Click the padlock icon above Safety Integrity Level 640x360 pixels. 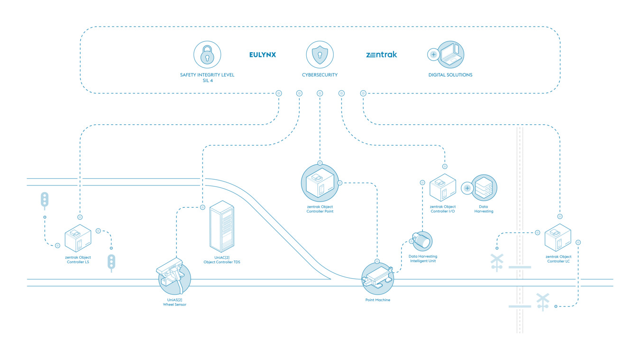pos(207,55)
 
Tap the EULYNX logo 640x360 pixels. pos(263,55)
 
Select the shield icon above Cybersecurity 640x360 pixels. pos(320,55)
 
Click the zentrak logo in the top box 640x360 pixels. pos(382,55)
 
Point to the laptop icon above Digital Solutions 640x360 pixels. pos(450,55)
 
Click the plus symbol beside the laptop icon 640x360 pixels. pos(433,55)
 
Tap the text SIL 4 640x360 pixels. pos(208,81)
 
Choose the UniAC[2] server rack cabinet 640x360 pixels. pos(222,226)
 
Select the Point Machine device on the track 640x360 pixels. pos(378,278)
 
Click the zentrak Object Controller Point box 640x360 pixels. pos(320,183)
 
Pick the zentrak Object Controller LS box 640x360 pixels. pos(78,238)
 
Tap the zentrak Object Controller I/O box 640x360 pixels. pos(443,187)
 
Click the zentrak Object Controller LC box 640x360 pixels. pos(558,237)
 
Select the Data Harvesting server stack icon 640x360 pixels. pos(484,187)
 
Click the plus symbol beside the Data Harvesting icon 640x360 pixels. pos(467,188)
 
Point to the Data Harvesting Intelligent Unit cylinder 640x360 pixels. pos(422,241)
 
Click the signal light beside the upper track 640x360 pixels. pos(45,200)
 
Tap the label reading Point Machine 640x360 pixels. pos(378,300)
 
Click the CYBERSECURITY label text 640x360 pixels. pos(320,75)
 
